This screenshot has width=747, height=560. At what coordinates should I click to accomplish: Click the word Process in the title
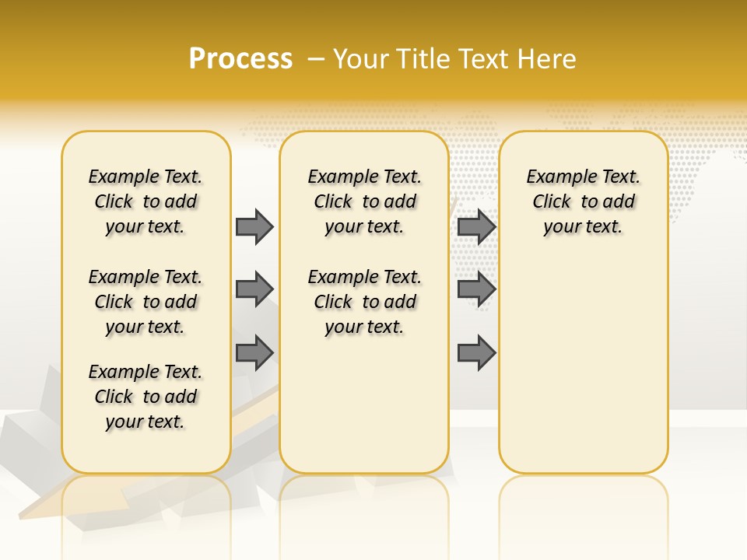click(240, 58)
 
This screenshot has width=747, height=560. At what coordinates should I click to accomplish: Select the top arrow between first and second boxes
click(254, 226)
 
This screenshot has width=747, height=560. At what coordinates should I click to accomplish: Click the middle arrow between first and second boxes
click(254, 289)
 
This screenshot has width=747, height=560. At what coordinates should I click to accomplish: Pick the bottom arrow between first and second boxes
click(254, 352)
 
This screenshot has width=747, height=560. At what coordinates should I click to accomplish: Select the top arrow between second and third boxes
click(476, 226)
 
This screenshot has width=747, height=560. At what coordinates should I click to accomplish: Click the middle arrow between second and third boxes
click(476, 289)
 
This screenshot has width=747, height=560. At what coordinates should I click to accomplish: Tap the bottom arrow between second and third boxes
click(476, 352)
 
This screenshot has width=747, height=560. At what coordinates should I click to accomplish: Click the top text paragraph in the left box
click(146, 201)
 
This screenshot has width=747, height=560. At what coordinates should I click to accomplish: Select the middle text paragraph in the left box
click(146, 302)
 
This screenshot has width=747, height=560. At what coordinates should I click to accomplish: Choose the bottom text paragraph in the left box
click(146, 397)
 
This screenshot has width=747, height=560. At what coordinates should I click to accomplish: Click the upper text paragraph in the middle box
click(364, 201)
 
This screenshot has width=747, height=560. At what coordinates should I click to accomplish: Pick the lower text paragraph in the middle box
click(364, 302)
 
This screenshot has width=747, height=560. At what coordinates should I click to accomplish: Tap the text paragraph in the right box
click(584, 201)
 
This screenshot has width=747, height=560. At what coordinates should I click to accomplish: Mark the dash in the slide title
click(316, 58)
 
